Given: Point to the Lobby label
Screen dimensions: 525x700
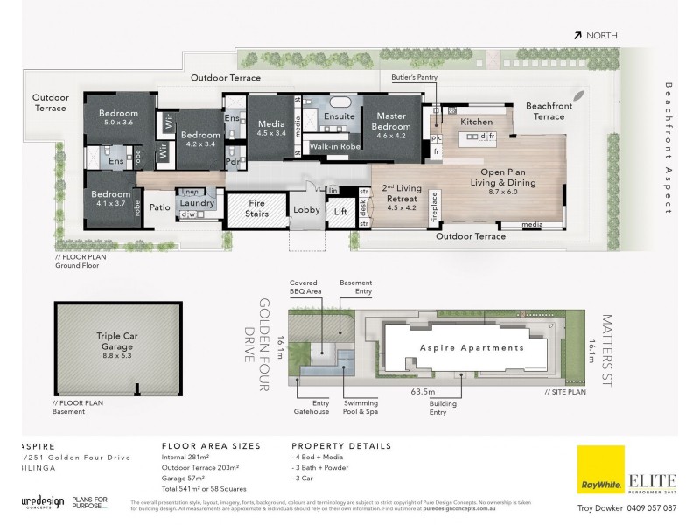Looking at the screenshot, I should point(306,210).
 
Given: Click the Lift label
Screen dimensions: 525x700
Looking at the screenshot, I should point(341,211).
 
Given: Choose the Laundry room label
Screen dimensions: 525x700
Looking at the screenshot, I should point(198,203).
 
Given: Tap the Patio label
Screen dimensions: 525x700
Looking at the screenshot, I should point(158,207).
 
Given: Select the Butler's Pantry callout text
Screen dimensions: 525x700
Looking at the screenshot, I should point(414,78).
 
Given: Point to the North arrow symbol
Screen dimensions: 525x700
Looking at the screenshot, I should point(578,35).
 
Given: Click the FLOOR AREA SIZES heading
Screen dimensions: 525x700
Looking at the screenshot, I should point(211,445).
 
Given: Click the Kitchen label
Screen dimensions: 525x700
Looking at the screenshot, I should point(477,122).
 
